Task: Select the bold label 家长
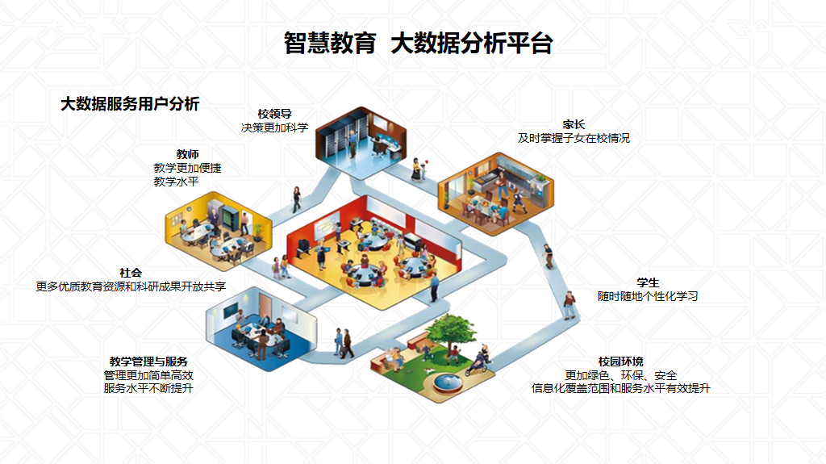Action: pyautogui.click(x=574, y=124)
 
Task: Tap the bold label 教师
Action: pyautogui.click(x=187, y=154)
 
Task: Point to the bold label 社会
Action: pyautogui.click(x=131, y=273)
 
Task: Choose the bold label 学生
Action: pyautogui.click(x=648, y=282)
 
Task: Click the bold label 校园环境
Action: pyautogui.click(x=621, y=361)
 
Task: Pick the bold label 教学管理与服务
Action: pyautogui.click(x=148, y=362)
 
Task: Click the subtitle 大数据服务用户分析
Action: pyautogui.click(x=130, y=103)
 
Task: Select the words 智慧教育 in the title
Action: pyautogui.click(x=330, y=43)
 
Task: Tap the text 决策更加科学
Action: pyautogui.click(x=274, y=127)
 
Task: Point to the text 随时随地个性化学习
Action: pyautogui.click(x=648, y=296)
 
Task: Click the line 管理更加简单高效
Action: pyautogui.click(x=148, y=375)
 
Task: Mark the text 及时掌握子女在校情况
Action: pyautogui.click(x=574, y=138)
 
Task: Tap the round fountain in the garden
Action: pyautogui.click(x=446, y=382)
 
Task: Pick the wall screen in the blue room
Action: pyautogui.click(x=231, y=311)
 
